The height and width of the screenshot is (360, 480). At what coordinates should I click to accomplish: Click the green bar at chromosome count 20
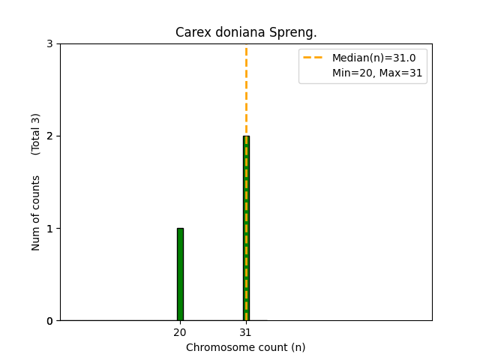tap(180, 274)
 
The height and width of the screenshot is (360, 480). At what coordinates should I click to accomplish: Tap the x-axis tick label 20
tap(180, 332)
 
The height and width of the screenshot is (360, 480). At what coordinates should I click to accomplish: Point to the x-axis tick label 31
tap(246, 332)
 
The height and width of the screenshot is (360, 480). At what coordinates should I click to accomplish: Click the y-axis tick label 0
tap(49, 321)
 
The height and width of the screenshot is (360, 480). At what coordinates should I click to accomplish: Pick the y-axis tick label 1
tap(49, 229)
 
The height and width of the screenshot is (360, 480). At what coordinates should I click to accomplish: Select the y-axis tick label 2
tap(49, 136)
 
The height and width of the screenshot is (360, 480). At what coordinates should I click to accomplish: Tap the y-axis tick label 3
tap(49, 44)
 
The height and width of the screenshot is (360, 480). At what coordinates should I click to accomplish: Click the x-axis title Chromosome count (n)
tap(246, 347)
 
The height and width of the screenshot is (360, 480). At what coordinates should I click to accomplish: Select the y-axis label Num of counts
tap(36, 212)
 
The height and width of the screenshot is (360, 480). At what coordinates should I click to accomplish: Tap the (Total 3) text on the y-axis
tap(36, 133)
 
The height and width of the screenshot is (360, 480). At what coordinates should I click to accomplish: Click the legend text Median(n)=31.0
tap(373, 58)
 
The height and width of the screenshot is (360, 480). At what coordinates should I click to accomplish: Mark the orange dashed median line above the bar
tap(246, 90)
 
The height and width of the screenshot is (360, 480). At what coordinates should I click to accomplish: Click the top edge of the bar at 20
tap(180, 229)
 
